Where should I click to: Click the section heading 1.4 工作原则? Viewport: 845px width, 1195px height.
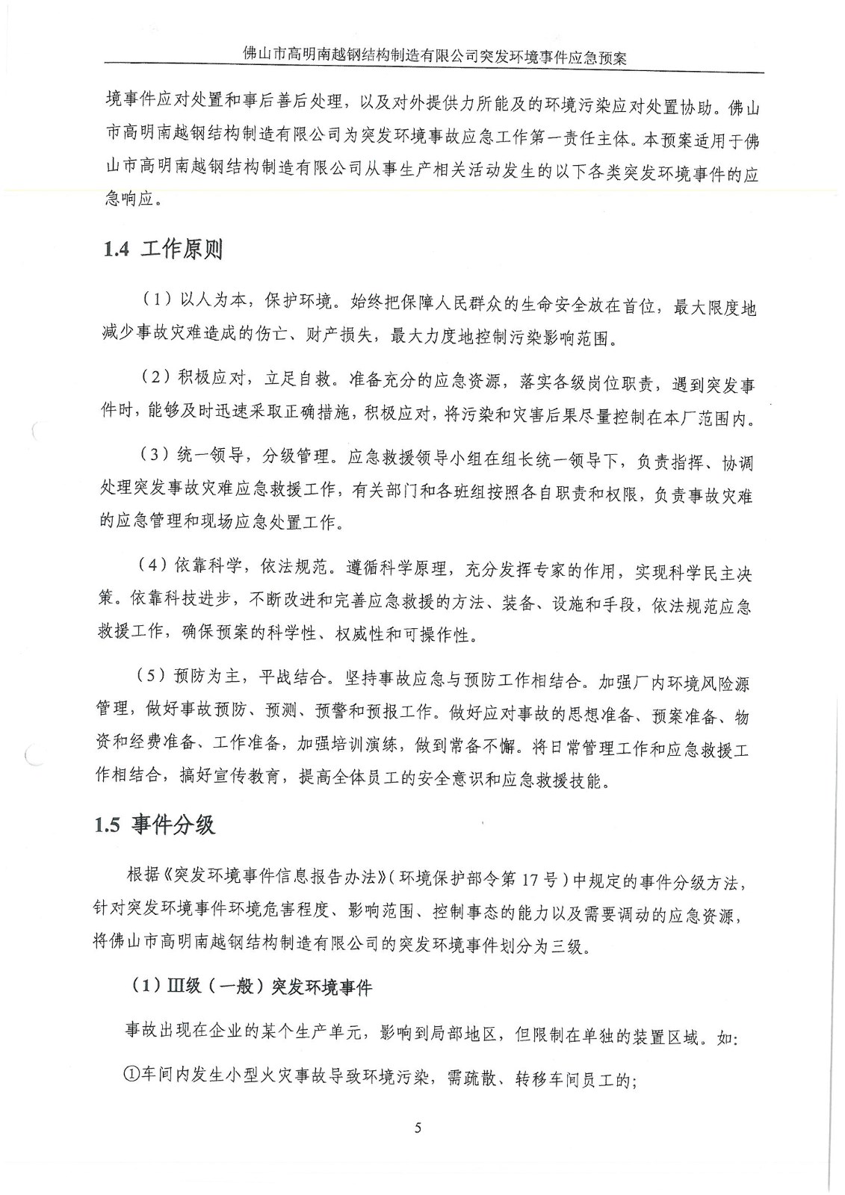click(164, 249)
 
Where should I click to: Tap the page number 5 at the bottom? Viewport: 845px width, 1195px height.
click(418, 1127)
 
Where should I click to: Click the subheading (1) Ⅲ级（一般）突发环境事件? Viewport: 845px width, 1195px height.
click(251, 987)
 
